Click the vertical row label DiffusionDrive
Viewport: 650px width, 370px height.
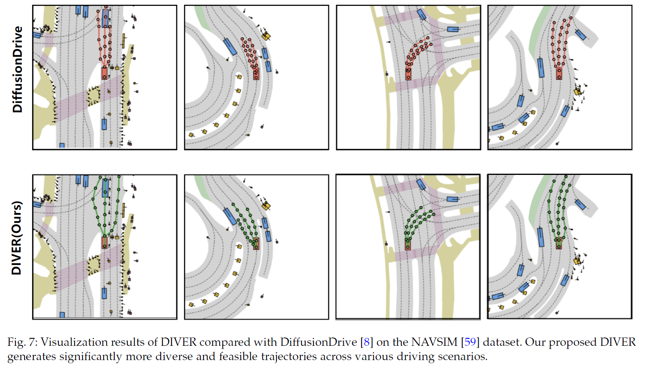coord(17,69)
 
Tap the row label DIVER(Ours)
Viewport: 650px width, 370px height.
coord(17,238)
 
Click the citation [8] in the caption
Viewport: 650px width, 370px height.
coord(366,342)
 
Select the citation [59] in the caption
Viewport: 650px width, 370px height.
coord(470,342)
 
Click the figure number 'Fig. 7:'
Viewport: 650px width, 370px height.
coord(22,342)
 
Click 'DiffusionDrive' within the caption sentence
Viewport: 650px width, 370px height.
coord(319,342)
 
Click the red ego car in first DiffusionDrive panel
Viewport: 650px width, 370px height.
coord(104,73)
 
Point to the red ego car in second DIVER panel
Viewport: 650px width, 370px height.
coord(256,244)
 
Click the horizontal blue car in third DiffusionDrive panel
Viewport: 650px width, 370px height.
coord(453,29)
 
